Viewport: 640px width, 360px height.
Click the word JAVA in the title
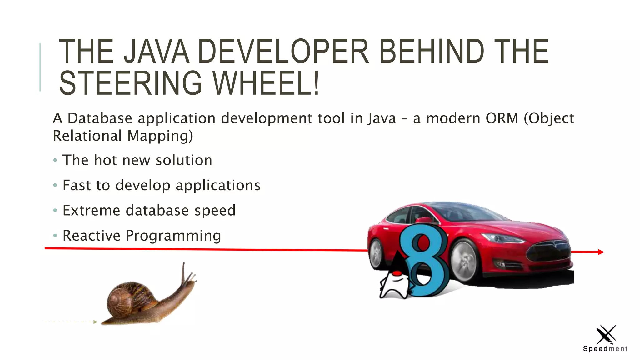[156, 51]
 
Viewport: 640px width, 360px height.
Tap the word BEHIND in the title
[432, 51]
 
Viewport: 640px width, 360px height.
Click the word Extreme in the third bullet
[91, 210]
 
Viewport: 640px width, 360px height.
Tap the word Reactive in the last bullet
[91, 236]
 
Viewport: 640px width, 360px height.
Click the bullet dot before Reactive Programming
[55, 235]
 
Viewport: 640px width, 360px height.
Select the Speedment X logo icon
[606, 335]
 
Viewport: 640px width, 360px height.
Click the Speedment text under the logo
[605, 349]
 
